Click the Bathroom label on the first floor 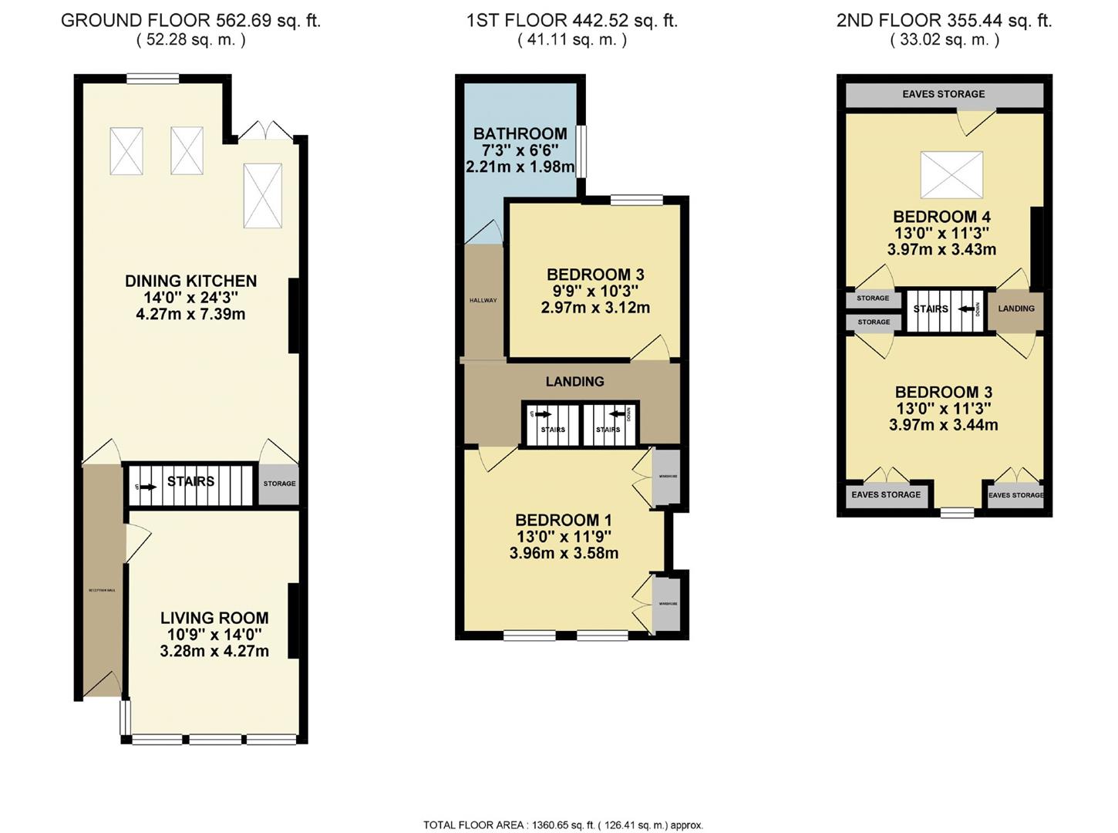pyautogui.click(x=520, y=133)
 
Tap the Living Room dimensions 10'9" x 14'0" pyautogui.click(x=214, y=635)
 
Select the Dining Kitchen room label pyautogui.click(x=190, y=281)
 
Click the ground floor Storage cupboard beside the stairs pyautogui.click(x=279, y=484)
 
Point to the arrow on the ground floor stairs pyautogui.click(x=148, y=487)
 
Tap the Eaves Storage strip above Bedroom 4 pyautogui.click(x=943, y=94)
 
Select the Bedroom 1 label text pyautogui.click(x=564, y=520)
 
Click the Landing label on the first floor pyautogui.click(x=574, y=381)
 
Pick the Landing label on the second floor pyautogui.click(x=1016, y=309)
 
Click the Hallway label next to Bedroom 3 pyautogui.click(x=483, y=300)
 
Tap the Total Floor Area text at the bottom pyautogui.click(x=563, y=825)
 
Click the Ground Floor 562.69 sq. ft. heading pyautogui.click(x=190, y=21)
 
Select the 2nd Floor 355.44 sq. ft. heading pyautogui.click(x=944, y=21)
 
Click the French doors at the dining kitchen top pyautogui.click(x=264, y=132)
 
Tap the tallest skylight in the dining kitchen pyautogui.click(x=263, y=195)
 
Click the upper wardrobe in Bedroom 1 pyautogui.click(x=668, y=477)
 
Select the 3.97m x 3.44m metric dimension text pyautogui.click(x=943, y=425)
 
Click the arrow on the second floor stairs pyautogui.click(x=965, y=309)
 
